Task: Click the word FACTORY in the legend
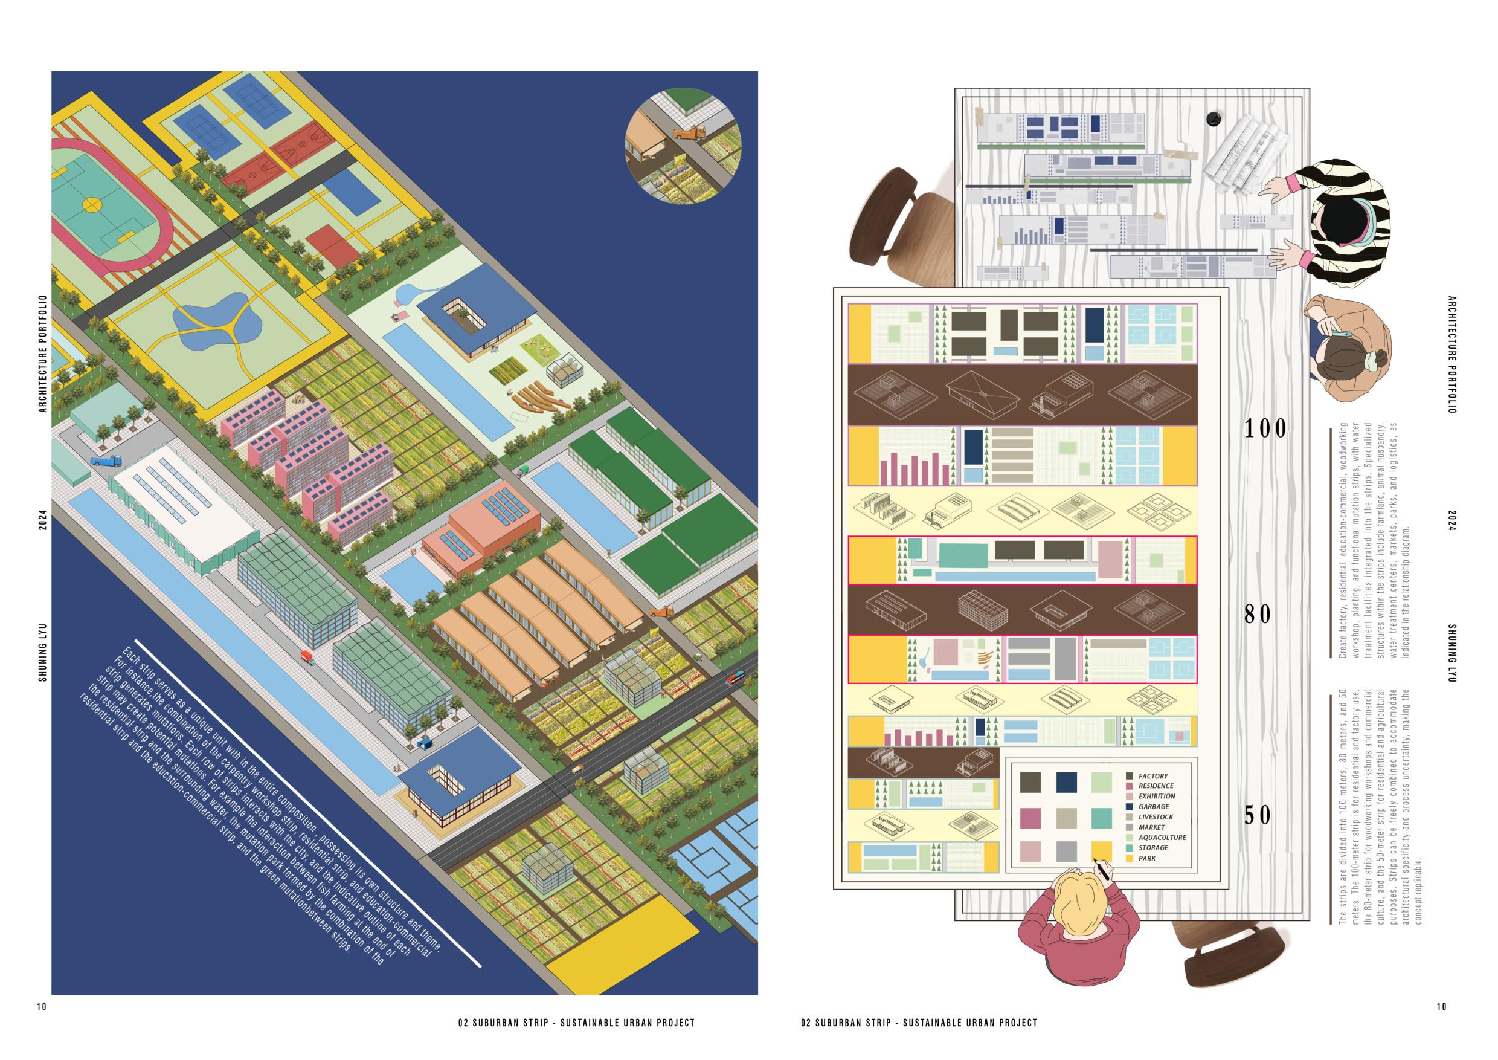1153,776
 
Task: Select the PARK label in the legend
1147,858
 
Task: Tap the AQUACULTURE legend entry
1162,838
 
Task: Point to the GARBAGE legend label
1154,807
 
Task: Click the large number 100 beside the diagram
1265,429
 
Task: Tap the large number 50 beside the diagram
1257,815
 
